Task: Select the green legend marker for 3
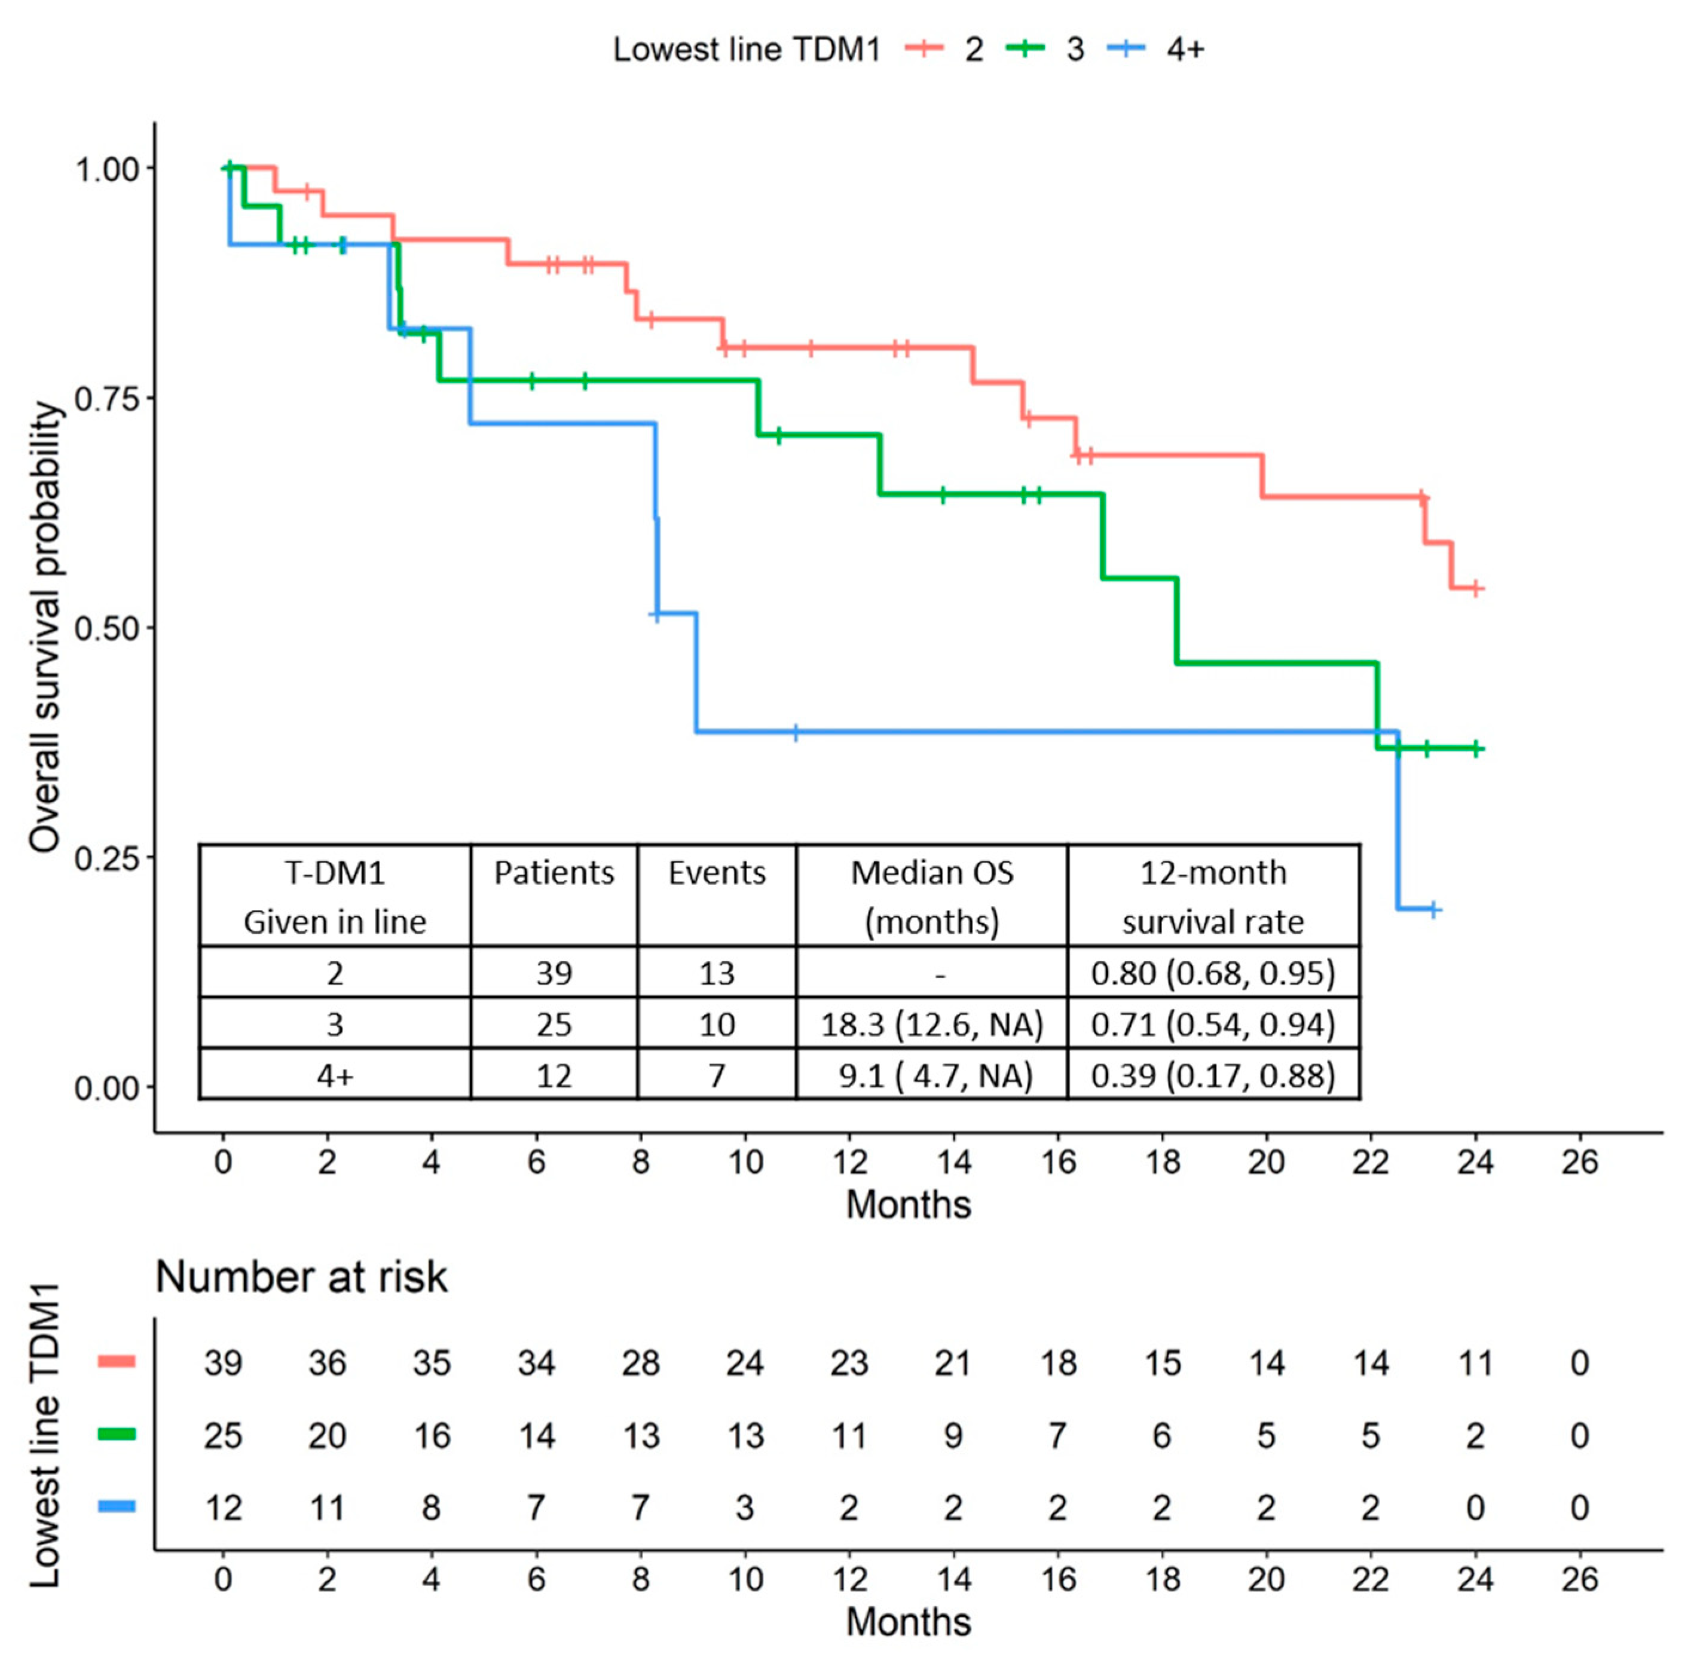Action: click(x=1026, y=49)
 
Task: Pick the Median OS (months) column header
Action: click(x=931, y=896)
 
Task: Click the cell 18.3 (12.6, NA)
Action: click(x=931, y=1025)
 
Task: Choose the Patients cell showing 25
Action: click(x=554, y=1025)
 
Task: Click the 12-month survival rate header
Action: click(x=1213, y=896)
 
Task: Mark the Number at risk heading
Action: click(x=301, y=1277)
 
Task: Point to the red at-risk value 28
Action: click(x=640, y=1363)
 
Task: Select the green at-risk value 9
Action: click(x=953, y=1436)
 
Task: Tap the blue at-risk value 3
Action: click(x=745, y=1508)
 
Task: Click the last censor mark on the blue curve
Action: click(x=1432, y=909)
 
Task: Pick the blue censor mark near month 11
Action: click(x=795, y=732)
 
